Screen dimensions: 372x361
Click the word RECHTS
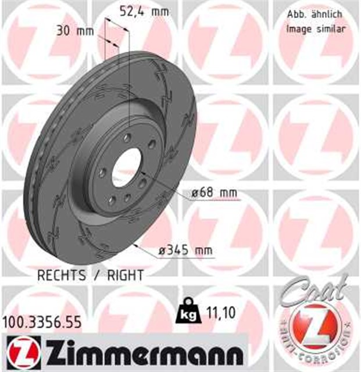(x=62, y=275)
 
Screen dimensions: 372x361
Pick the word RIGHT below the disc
(x=123, y=275)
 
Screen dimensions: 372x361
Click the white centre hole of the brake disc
(x=127, y=167)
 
